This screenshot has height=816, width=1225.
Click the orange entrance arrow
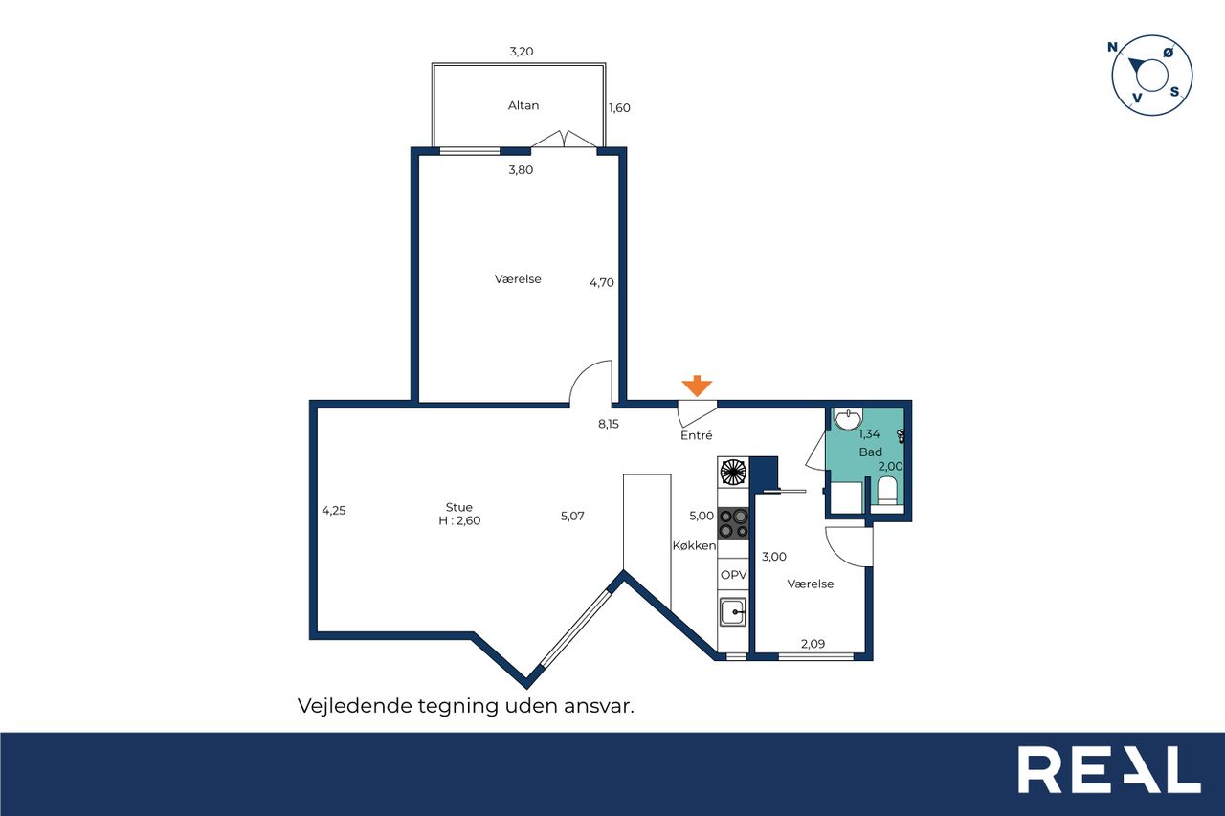[x=697, y=386]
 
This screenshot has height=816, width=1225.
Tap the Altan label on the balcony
[x=523, y=105]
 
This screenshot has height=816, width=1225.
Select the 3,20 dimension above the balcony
[x=522, y=52]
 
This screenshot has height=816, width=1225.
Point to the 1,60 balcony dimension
[x=619, y=108]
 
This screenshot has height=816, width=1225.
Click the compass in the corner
[x=1151, y=76]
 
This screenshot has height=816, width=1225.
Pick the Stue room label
[x=458, y=507]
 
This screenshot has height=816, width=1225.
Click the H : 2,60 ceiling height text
[x=459, y=520]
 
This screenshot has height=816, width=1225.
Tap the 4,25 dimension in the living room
[x=334, y=511]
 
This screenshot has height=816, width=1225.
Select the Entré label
[x=696, y=435]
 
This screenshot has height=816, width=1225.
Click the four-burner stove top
[x=733, y=523]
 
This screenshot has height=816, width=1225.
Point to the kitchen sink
[x=733, y=611]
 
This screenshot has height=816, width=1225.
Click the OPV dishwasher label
[x=733, y=574]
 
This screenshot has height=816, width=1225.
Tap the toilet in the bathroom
[x=886, y=490]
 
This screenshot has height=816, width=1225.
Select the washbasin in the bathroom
[x=848, y=419]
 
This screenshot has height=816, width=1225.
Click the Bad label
[x=870, y=452]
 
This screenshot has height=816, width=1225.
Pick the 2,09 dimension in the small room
[x=813, y=644]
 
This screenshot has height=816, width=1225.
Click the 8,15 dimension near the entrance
[x=609, y=424]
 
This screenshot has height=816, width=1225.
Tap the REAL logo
[x=1109, y=769]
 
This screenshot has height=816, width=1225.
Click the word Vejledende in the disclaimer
[x=354, y=706]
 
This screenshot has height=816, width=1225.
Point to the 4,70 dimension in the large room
[x=602, y=282]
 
